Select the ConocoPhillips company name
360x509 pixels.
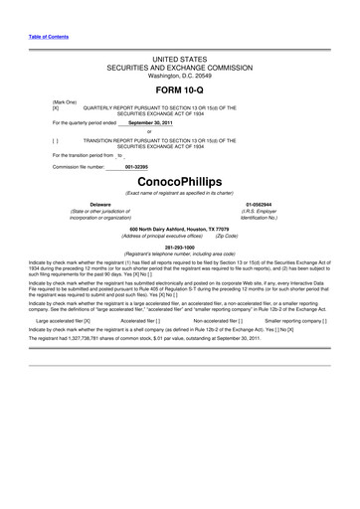[180, 184]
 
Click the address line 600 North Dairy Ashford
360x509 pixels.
[179, 228]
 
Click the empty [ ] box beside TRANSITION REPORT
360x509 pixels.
[42, 142]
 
